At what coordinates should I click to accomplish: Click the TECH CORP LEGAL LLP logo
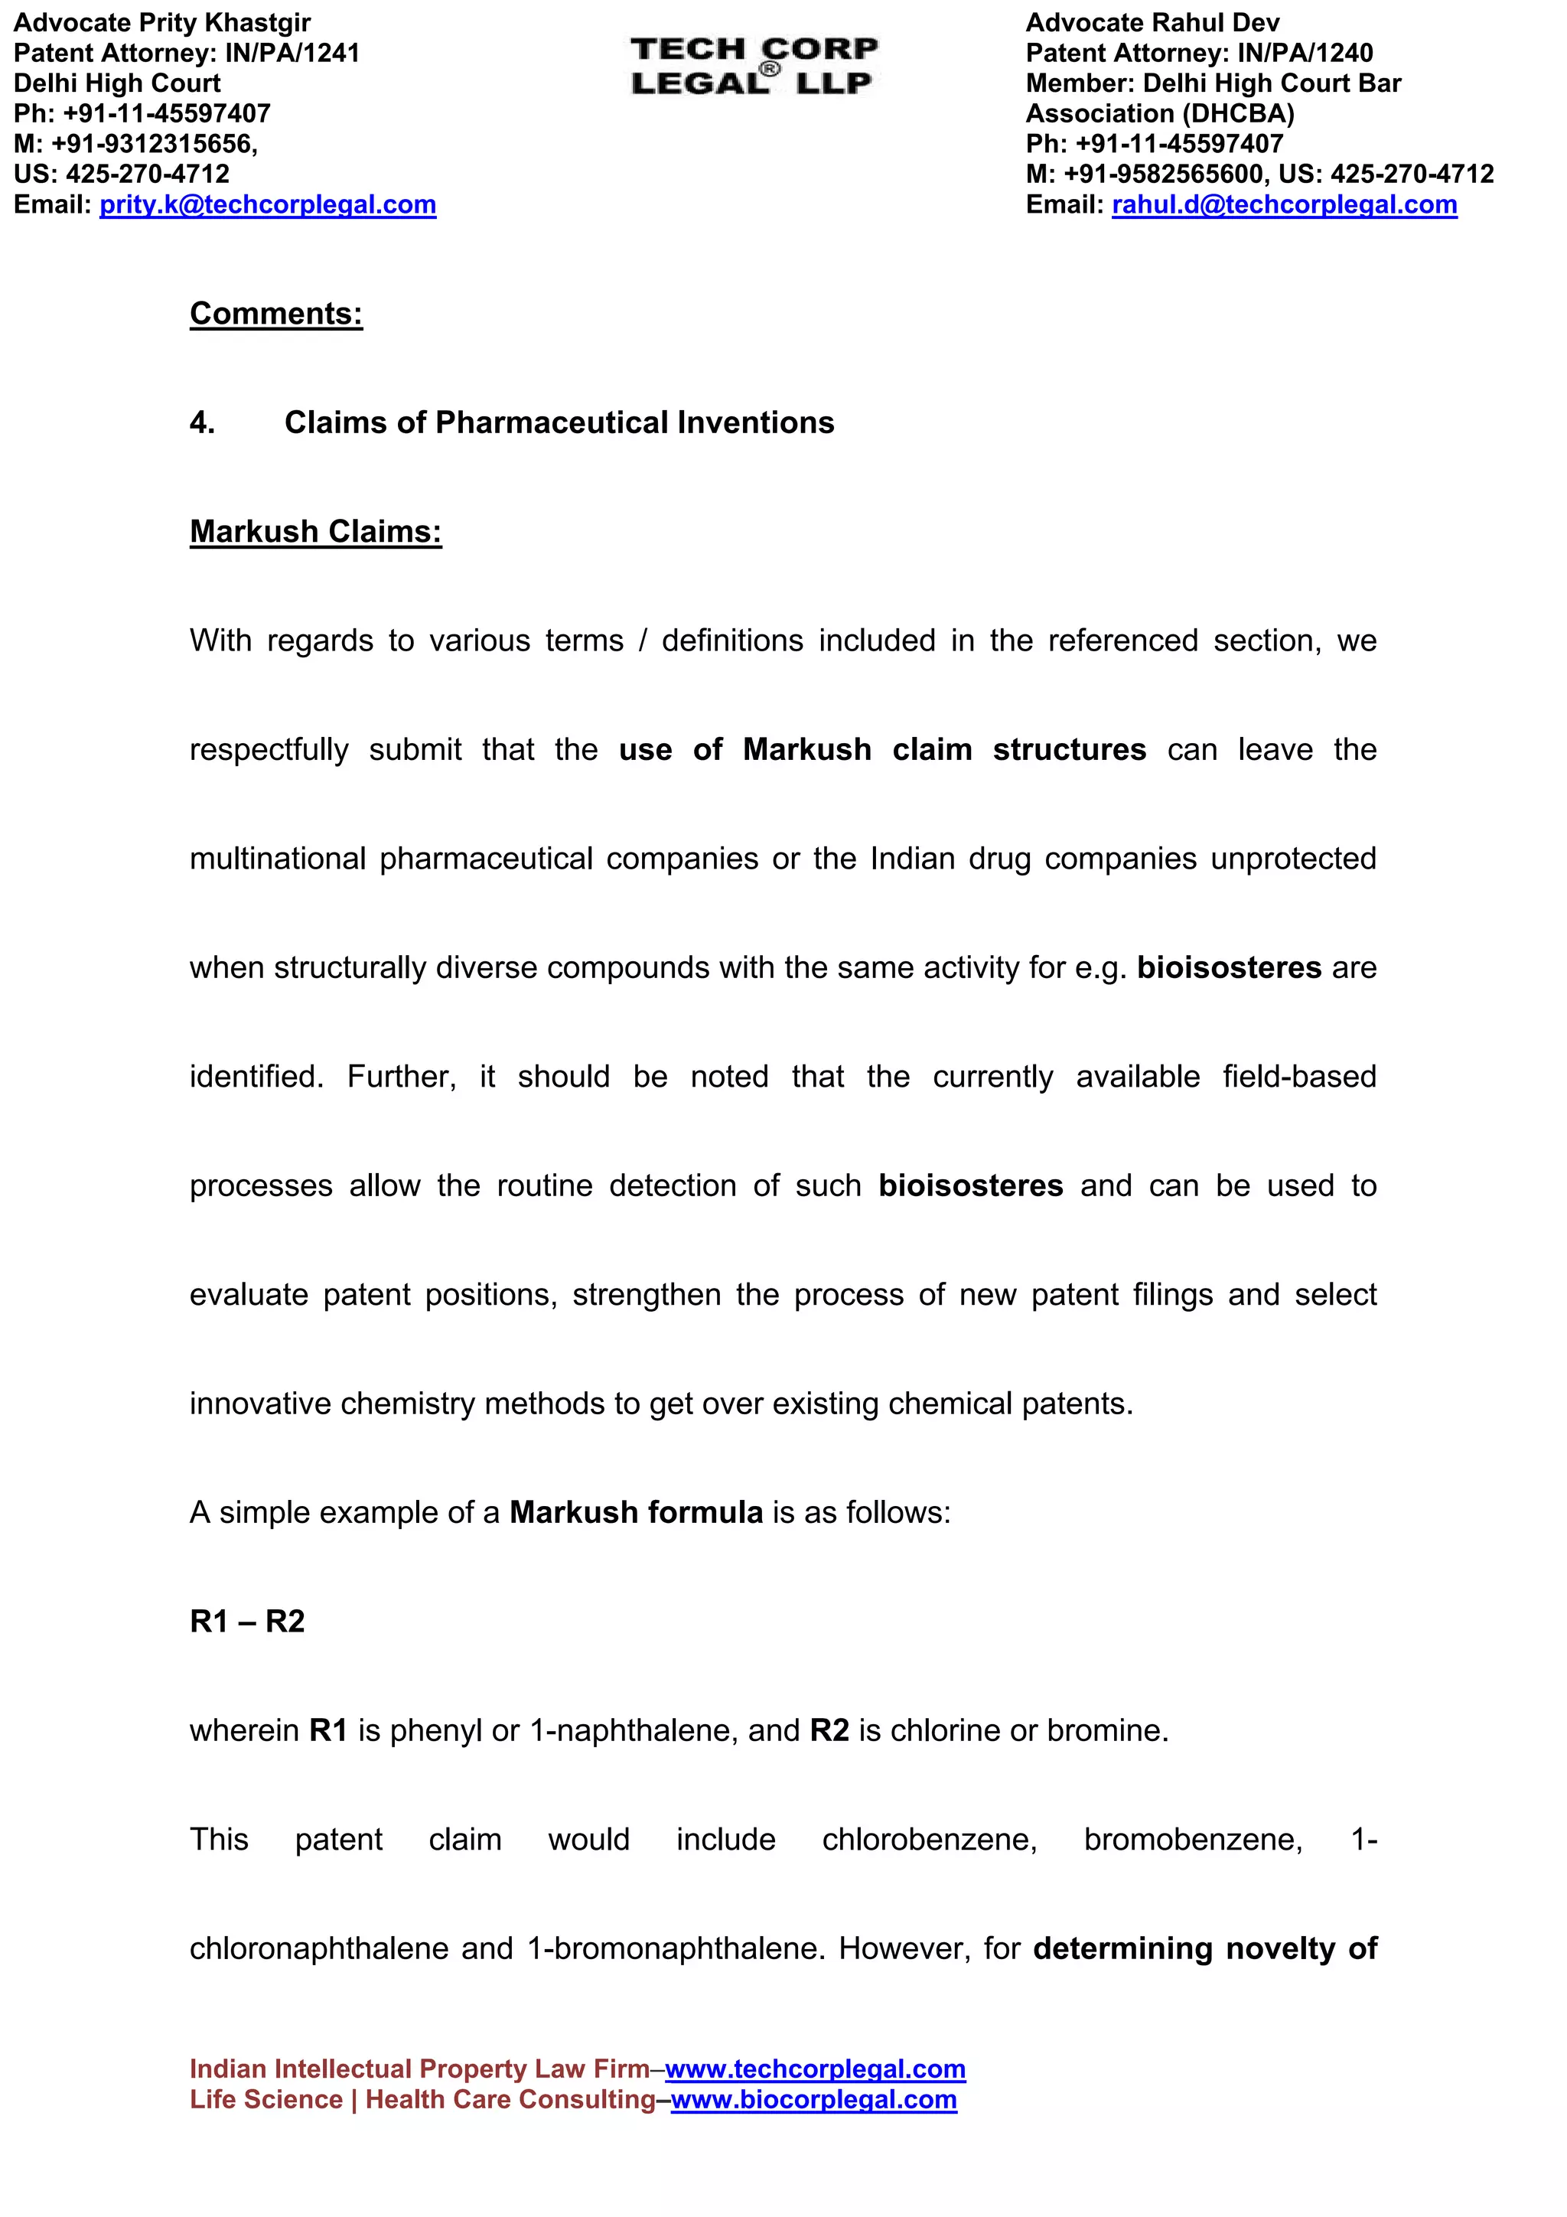pos(754,66)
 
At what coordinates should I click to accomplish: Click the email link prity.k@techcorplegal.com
pos(268,204)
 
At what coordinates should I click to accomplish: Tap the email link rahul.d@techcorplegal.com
pos(1284,204)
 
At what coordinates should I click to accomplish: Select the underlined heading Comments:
pos(276,314)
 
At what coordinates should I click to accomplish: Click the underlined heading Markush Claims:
pos(316,532)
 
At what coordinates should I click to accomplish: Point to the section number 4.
pos(202,423)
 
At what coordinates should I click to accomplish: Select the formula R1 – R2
pos(247,1621)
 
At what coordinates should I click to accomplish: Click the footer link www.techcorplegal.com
pos(815,2069)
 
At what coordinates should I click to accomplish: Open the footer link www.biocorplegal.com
pos(814,2100)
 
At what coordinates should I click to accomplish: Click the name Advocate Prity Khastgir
pos(162,22)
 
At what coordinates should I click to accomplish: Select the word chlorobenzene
pos(929,1840)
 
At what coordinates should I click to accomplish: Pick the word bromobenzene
pos(1192,1840)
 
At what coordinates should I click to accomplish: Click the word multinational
pos(277,859)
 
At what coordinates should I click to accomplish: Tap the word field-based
pos(1298,1077)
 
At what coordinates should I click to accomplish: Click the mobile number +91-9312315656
pos(154,144)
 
